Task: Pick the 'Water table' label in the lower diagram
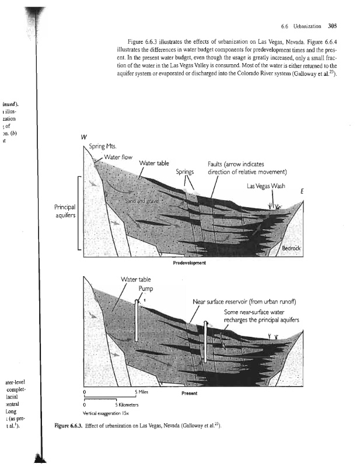tap(134, 278)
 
